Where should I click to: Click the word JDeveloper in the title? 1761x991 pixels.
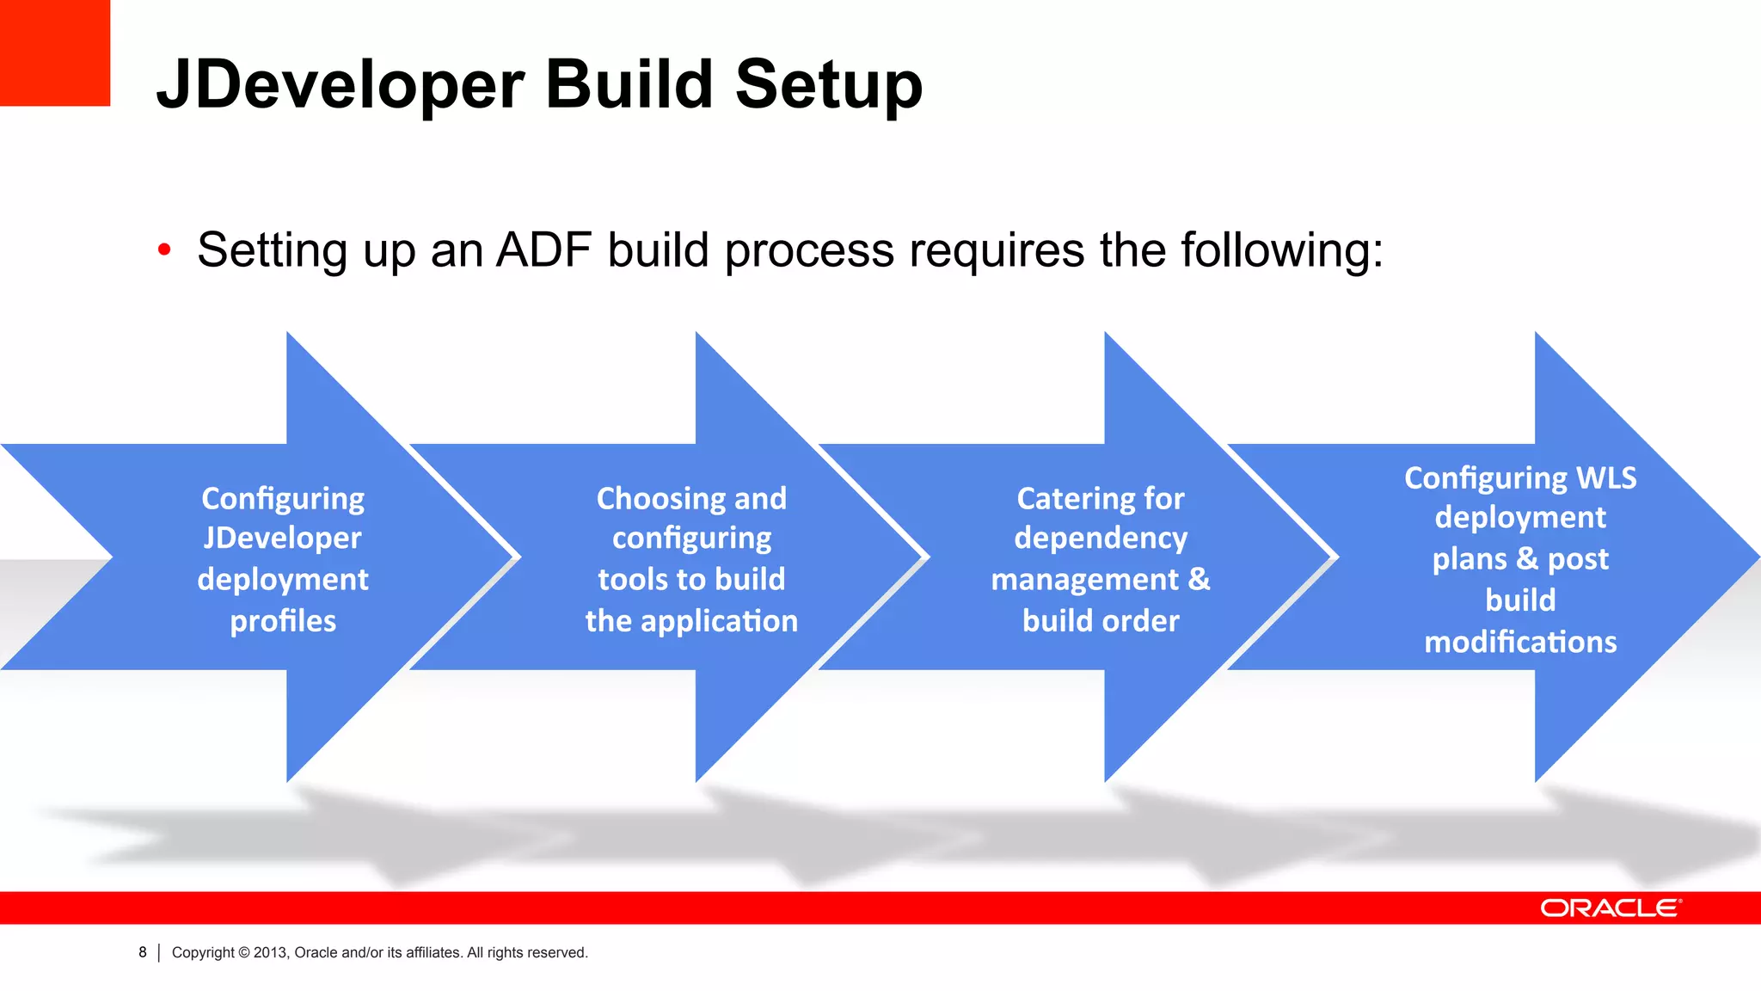[340, 84]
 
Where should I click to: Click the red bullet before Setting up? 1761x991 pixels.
[164, 250]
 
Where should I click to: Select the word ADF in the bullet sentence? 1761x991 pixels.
[543, 250]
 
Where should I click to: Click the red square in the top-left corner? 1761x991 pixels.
[54, 52]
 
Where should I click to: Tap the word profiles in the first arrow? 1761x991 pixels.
[283, 621]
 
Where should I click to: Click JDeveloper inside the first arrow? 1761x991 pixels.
[283, 539]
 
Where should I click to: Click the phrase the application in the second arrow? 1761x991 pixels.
[691, 621]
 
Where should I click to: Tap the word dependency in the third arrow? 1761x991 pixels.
[1101, 539]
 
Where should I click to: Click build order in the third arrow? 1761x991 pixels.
[1101, 621]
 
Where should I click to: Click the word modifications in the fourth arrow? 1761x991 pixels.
[1520, 642]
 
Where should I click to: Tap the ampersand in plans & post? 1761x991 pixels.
[1527, 558]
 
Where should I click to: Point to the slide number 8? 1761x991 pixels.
[143, 952]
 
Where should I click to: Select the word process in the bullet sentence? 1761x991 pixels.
[809, 250]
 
